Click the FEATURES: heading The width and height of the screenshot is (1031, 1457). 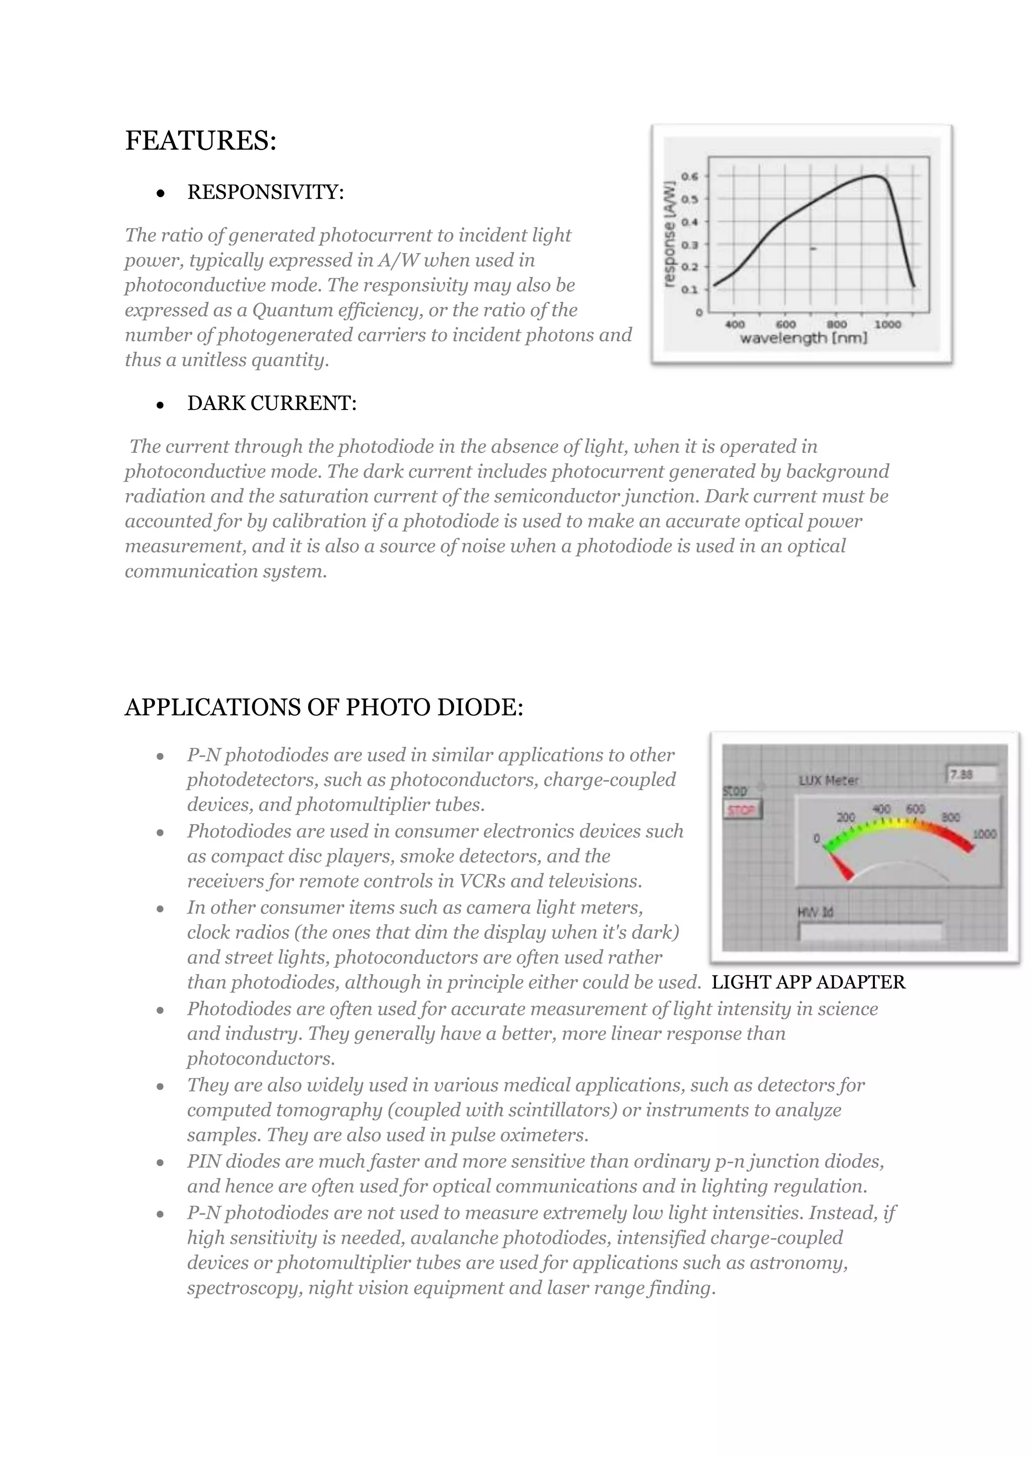click(x=201, y=140)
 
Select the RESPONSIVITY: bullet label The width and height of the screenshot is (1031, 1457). click(x=265, y=192)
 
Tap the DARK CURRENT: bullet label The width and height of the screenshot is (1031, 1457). click(x=272, y=403)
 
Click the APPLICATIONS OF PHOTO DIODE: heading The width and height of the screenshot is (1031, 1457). click(x=324, y=707)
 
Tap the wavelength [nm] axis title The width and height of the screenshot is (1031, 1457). click(x=803, y=338)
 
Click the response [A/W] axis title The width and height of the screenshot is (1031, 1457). click(x=669, y=234)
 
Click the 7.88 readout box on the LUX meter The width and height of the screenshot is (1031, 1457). click(x=971, y=775)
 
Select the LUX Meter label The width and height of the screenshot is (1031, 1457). click(x=829, y=780)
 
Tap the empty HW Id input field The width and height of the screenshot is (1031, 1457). click(x=870, y=932)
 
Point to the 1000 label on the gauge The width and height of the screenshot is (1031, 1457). click(x=984, y=834)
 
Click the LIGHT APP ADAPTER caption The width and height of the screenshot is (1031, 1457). click(x=808, y=983)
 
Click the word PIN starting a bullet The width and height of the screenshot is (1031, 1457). click(x=204, y=1161)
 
